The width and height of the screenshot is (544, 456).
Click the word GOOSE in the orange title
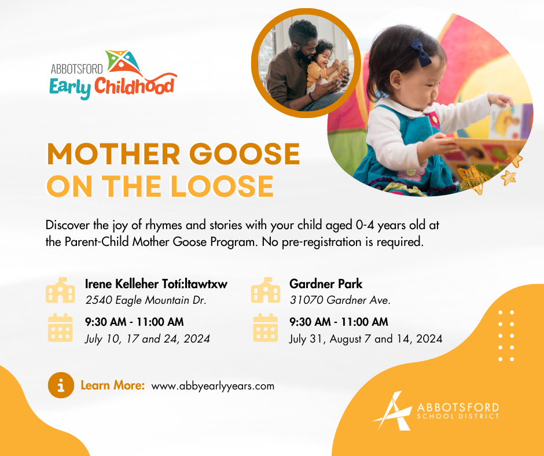tap(245, 154)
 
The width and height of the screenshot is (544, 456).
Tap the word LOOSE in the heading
tap(222, 186)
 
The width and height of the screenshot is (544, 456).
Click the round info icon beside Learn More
tap(61, 385)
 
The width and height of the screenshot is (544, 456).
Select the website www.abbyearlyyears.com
tap(212, 386)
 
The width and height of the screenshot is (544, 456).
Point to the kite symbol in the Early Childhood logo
tap(124, 62)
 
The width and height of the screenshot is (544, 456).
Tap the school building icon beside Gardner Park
tap(266, 290)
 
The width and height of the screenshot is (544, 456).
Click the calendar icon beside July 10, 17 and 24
tap(60, 328)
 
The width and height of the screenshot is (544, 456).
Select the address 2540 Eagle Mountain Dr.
tap(146, 300)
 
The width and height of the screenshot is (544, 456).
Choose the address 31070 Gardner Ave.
tap(340, 300)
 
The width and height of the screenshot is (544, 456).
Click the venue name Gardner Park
tap(326, 284)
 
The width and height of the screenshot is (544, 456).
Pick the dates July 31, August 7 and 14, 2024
tap(366, 339)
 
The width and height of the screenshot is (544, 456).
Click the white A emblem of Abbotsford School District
tap(392, 411)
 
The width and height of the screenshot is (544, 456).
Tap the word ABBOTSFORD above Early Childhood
tap(76, 69)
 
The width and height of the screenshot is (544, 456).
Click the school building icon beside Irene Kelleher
tap(60, 290)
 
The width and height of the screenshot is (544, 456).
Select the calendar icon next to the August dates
tap(266, 328)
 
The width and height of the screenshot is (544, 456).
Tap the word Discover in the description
tap(68, 225)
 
